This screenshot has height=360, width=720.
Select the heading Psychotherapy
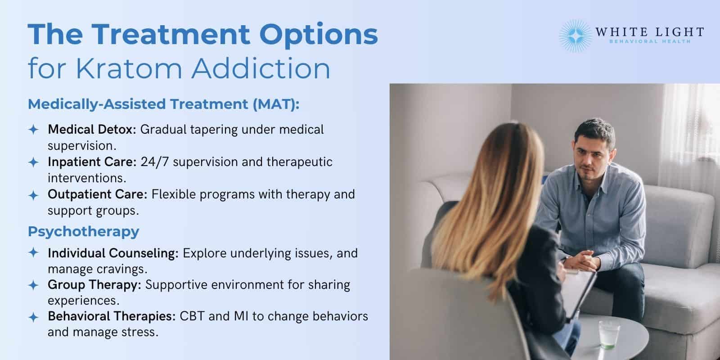[x=83, y=231]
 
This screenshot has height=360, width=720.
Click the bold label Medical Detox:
[x=92, y=130]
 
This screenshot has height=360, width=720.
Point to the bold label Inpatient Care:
[x=92, y=162]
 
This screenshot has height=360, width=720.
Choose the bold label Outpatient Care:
[x=98, y=194]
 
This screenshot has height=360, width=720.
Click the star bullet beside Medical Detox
[x=33, y=130]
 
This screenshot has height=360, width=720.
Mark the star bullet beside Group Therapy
[x=33, y=285]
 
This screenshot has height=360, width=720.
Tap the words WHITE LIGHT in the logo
[x=649, y=32]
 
